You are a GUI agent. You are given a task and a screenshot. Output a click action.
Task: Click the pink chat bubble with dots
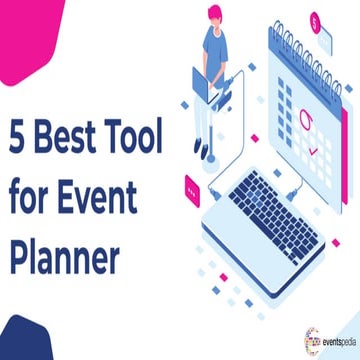[x=192, y=185]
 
